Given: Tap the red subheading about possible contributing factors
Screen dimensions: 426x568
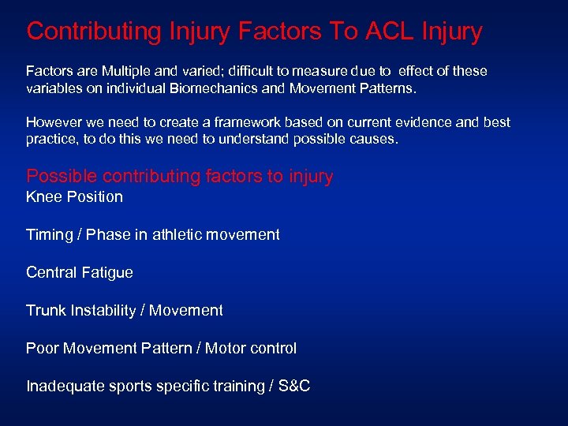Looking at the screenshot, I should click(x=180, y=176).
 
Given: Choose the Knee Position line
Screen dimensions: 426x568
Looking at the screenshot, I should click(x=74, y=196).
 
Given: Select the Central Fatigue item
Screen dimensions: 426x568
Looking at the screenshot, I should click(x=80, y=272).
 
